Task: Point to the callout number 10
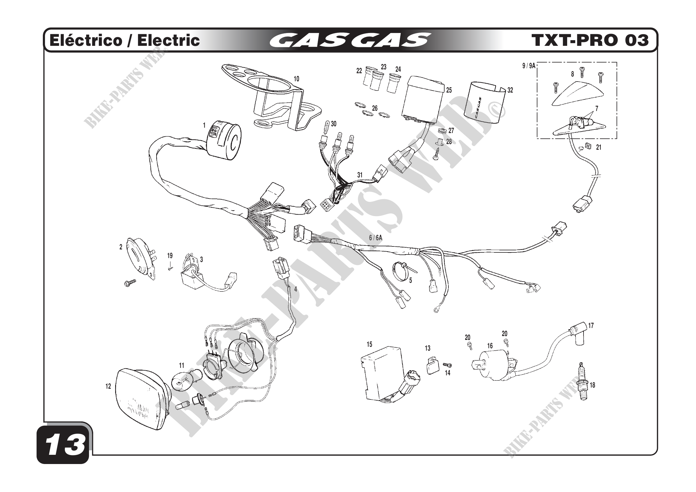click(296, 79)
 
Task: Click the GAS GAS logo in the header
click(350, 40)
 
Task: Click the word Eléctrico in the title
click(86, 40)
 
